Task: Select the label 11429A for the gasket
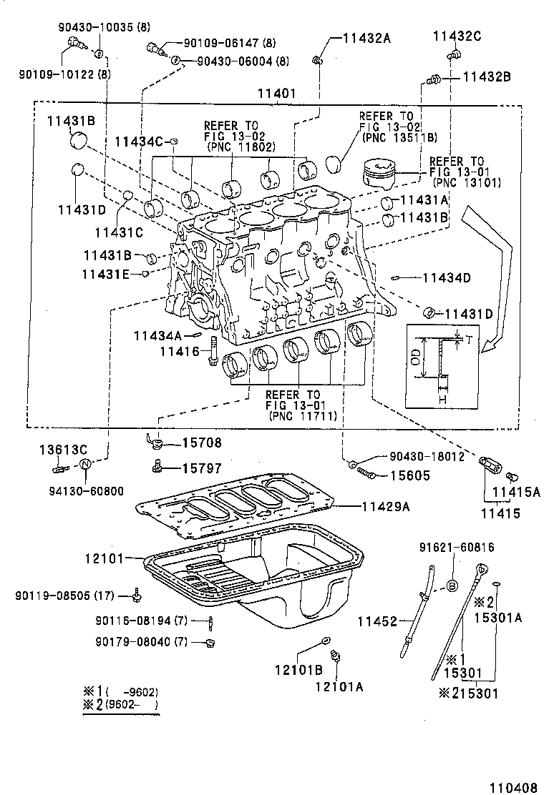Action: click(385, 506)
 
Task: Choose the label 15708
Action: click(201, 444)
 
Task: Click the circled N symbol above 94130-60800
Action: click(85, 465)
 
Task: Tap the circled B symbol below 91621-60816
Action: click(452, 586)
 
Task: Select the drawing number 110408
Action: click(513, 787)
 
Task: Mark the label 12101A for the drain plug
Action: click(339, 686)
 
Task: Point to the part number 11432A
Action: click(366, 39)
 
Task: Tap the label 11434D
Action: click(446, 277)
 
